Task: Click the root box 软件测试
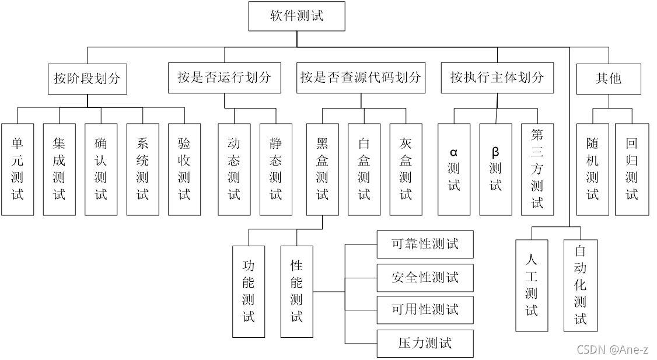[296, 16]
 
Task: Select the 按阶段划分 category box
[87, 78]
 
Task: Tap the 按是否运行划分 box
[225, 78]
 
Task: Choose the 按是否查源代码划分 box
[361, 78]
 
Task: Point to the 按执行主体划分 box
[497, 78]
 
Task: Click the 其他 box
[608, 78]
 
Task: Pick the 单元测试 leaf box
[18, 169]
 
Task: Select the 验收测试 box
[184, 169]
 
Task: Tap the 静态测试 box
[275, 169]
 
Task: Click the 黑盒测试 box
[322, 169]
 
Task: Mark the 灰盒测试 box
[406, 169]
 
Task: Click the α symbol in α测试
[454, 153]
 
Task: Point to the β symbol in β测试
[495, 152]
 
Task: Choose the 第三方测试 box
[537, 169]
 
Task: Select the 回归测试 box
[632, 169]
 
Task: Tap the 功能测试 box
[249, 291]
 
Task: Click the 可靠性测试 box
[425, 244]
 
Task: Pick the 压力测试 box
[425, 343]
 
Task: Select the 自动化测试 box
[581, 285]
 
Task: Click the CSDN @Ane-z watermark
[612, 349]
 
